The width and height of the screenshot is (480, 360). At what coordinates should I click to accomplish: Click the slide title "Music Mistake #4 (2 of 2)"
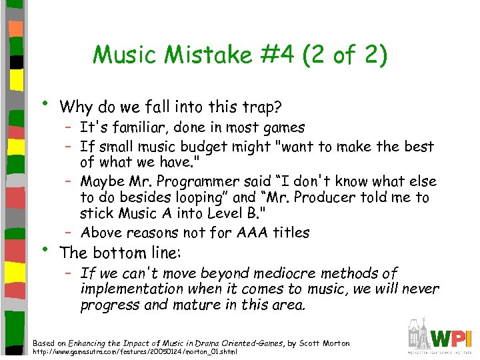point(239,55)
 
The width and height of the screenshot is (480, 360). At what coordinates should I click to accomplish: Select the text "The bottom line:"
point(121,253)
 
